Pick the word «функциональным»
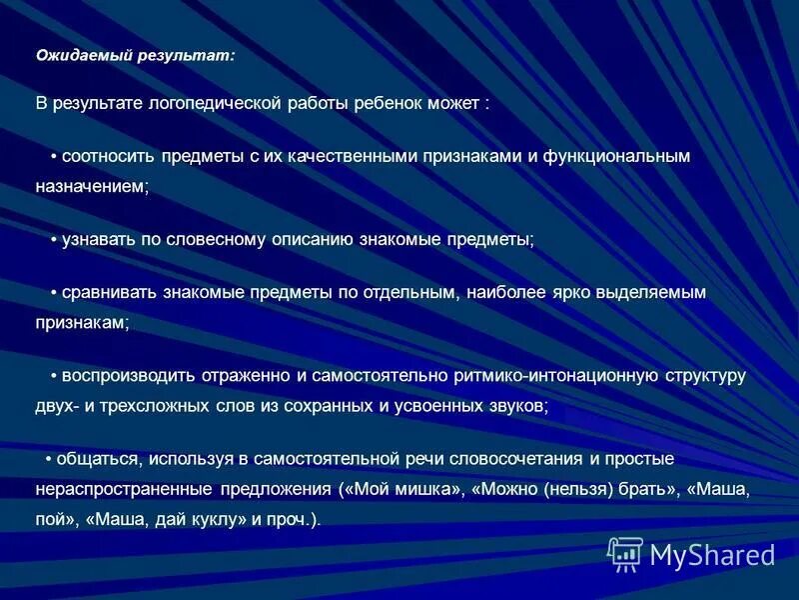(616, 157)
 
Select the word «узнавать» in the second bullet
(99, 240)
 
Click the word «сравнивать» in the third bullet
(106, 293)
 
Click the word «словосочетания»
(519, 459)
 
